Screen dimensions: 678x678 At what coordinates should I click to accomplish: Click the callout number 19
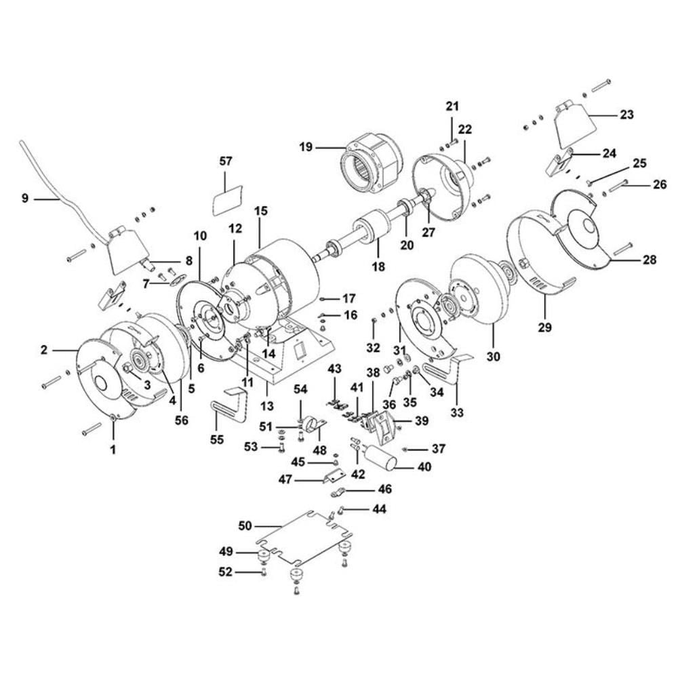point(306,146)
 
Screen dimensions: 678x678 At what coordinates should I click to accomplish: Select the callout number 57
point(226,161)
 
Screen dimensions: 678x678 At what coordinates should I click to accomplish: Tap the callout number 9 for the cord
point(25,199)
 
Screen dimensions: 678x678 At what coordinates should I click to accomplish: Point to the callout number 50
point(245,525)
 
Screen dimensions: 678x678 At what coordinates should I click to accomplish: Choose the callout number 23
point(626,115)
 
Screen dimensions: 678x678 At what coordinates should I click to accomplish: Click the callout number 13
point(266,406)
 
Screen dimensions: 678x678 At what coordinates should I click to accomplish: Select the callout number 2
point(44,351)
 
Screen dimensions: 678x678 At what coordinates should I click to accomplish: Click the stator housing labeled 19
point(370,161)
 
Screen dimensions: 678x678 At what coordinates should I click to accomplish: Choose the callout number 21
point(452,106)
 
